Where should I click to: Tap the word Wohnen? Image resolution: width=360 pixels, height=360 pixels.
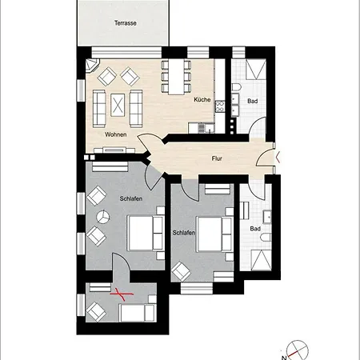point(115,134)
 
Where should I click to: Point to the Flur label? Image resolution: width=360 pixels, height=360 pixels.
point(217,158)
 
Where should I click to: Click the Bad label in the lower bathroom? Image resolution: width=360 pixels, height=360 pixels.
point(255,229)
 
